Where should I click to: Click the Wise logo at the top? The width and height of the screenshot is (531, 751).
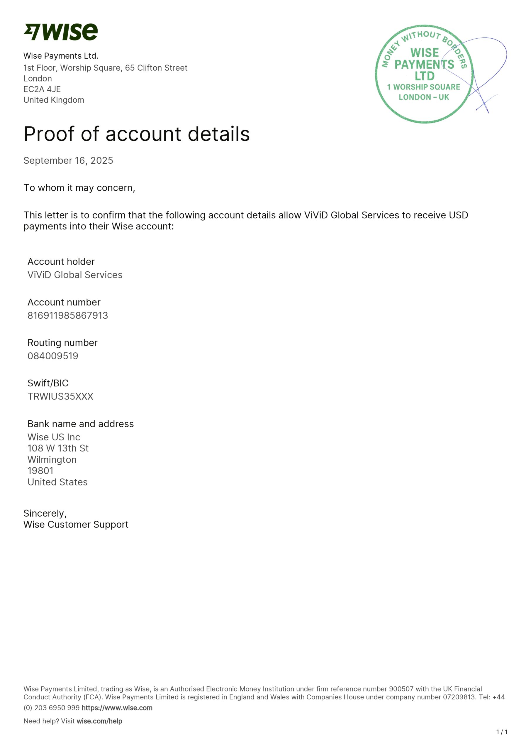[x=60, y=32]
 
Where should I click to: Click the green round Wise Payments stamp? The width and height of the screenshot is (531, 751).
[x=424, y=74]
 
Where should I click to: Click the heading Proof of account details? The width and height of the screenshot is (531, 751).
[x=136, y=134]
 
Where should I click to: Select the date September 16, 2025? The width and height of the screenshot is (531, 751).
[x=68, y=160]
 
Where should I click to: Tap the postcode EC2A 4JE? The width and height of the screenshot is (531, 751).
[x=42, y=89]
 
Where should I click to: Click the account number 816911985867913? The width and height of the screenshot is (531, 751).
[x=67, y=315]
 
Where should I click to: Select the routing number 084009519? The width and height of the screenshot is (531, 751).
[x=53, y=356]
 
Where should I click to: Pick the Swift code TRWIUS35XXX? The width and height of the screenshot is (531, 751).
[x=60, y=396]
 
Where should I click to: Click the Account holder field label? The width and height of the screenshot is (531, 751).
[x=61, y=262]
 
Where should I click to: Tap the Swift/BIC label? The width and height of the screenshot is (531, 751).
[x=48, y=383]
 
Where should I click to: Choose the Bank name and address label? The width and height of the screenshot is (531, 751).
[x=80, y=424]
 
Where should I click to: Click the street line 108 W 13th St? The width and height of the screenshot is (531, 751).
[x=58, y=449]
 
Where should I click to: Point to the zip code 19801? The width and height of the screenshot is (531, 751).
[x=40, y=471]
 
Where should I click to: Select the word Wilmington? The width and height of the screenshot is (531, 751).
[x=52, y=460]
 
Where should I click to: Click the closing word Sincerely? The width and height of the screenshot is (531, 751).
[x=45, y=514]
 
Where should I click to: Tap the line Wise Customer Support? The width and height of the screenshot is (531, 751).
[x=76, y=525]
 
